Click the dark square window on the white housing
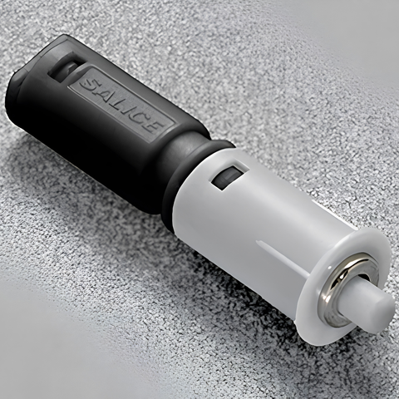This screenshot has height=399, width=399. (227, 177)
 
